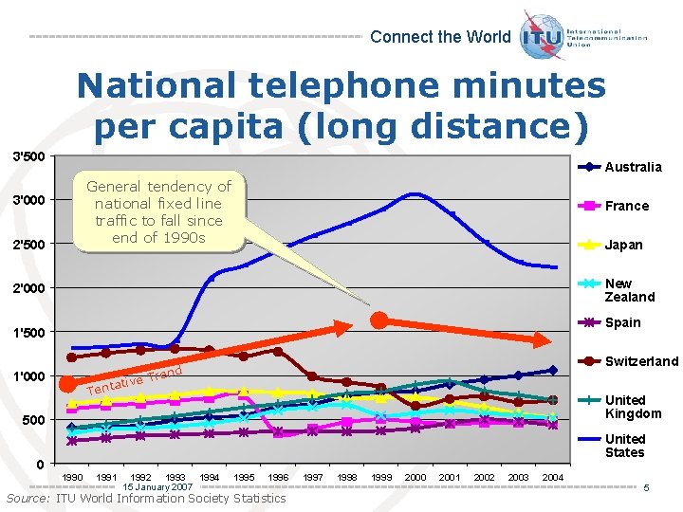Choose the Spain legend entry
[x=622, y=322]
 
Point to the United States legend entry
[x=625, y=446]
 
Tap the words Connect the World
[x=440, y=37]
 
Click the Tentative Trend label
[x=134, y=380]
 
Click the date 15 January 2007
[x=157, y=486]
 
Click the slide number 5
[x=645, y=487]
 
